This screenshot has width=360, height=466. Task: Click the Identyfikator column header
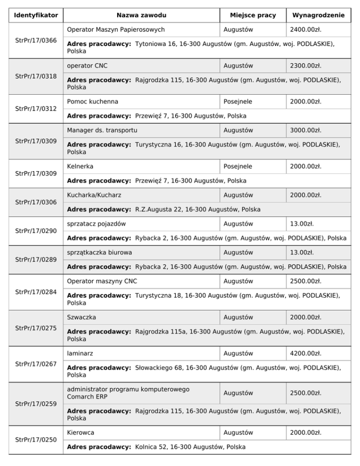click(36, 15)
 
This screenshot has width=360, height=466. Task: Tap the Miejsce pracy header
click(253, 15)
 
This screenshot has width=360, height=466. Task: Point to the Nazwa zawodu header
click(141, 15)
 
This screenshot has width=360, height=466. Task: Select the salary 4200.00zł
click(306, 353)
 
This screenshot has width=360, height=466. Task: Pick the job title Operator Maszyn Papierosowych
click(116, 30)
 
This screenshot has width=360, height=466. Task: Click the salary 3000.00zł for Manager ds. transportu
click(306, 130)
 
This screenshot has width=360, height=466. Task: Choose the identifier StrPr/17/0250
click(36, 439)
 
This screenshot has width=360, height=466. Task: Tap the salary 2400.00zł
click(306, 30)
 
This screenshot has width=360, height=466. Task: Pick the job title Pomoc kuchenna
click(92, 102)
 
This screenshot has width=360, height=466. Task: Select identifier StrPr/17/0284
click(36, 292)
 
